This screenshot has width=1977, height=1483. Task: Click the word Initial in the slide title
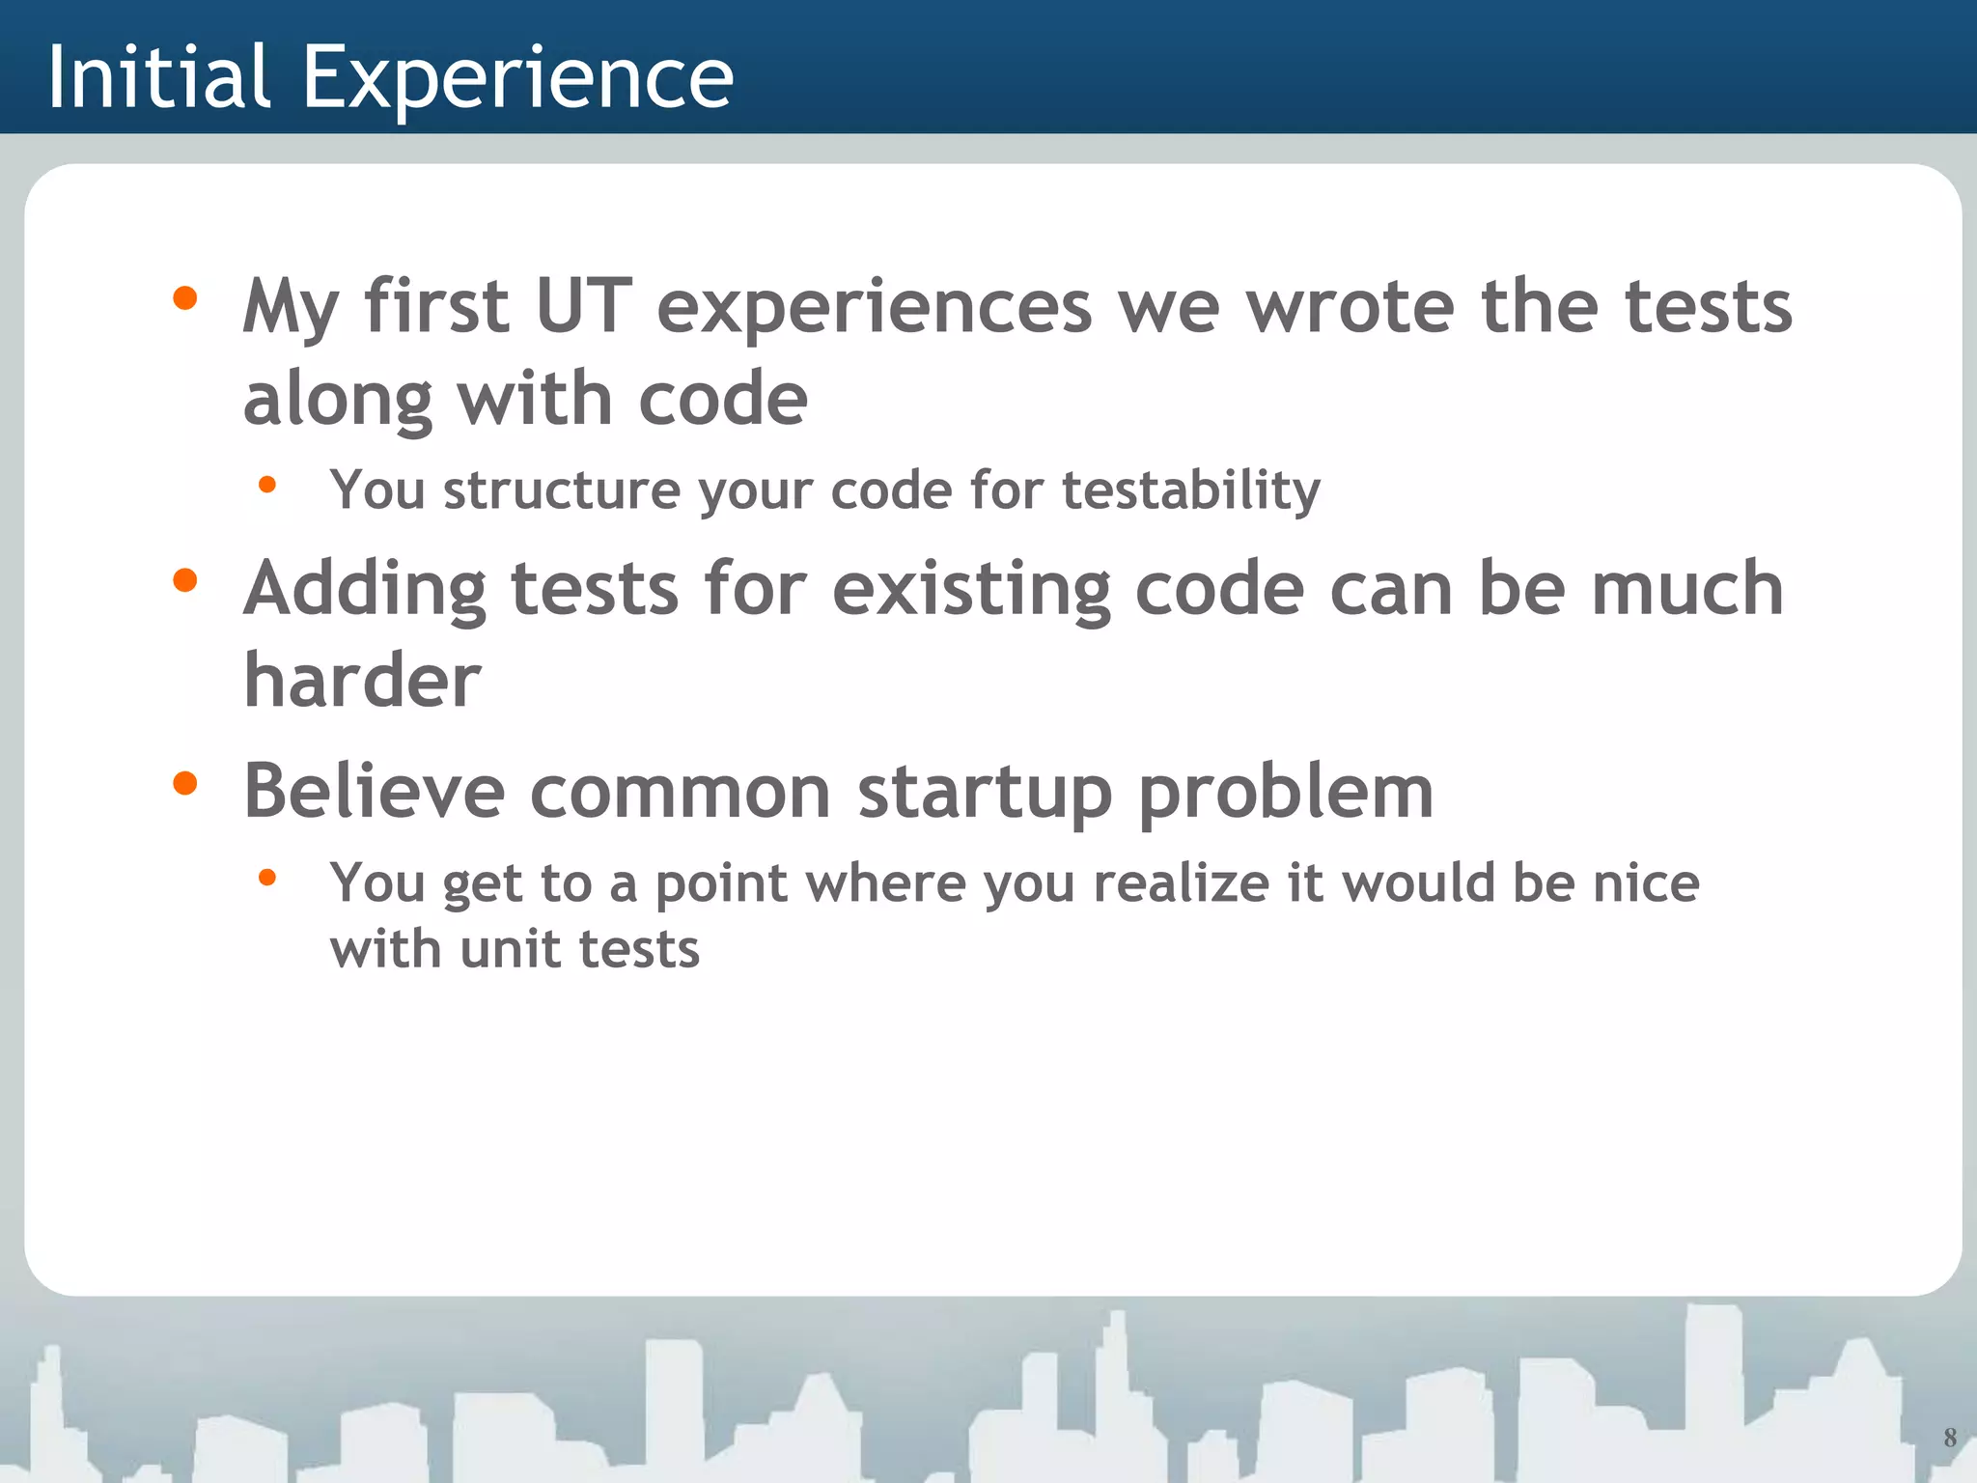(x=158, y=77)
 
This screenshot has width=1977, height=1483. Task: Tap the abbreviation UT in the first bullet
(x=583, y=307)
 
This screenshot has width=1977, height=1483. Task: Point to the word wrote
(x=1350, y=307)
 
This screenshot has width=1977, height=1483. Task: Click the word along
(x=338, y=400)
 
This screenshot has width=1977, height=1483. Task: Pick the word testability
(x=1190, y=490)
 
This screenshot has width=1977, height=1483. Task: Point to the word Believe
(x=375, y=792)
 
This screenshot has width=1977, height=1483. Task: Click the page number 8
(x=1949, y=1438)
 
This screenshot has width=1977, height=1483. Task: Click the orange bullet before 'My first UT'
(x=184, y=298)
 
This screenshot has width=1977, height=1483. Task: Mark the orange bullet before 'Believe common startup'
(x=184, y=783)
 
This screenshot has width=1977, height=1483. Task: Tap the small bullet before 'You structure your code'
(x=267, y=485)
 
